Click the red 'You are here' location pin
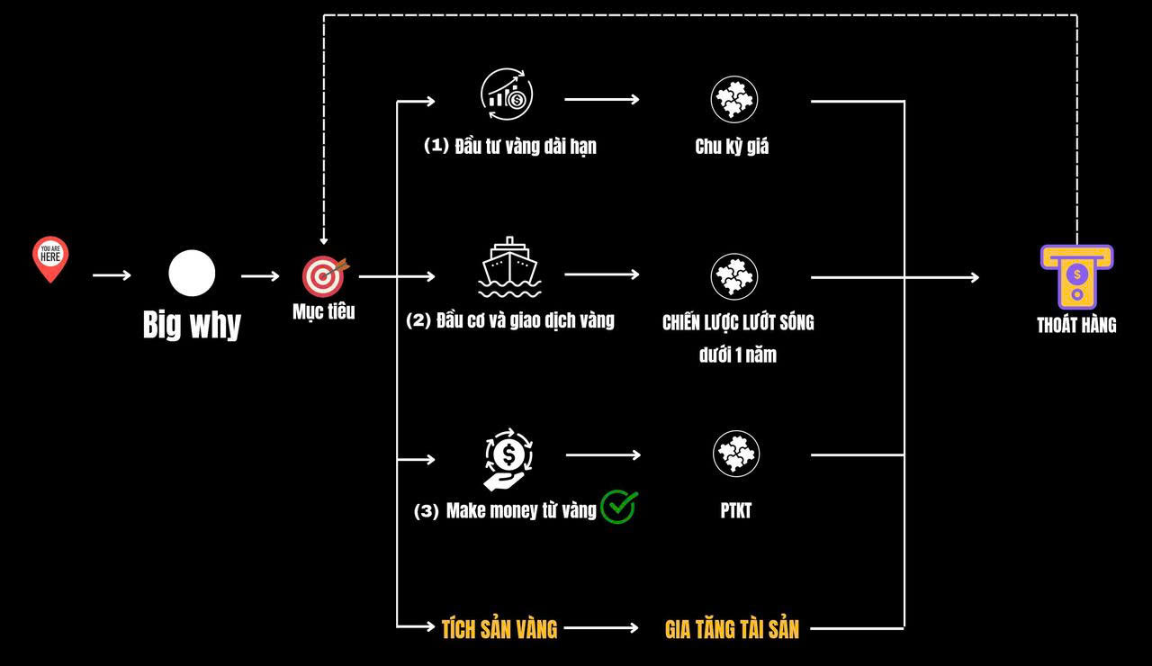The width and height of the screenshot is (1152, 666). coord(50,258)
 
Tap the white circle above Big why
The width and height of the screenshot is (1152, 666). coord(192,274)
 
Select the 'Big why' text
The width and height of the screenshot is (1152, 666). coord(192,325)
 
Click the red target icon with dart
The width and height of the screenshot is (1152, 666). coord(322,276)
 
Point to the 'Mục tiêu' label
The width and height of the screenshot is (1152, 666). coord(323,312)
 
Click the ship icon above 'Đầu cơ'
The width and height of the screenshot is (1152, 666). coord(510,267)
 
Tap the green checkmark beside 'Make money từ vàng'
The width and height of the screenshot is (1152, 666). coord(619,507)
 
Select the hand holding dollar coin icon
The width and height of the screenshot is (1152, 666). coord(508,459)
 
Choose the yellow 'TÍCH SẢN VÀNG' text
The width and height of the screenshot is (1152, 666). coord(499,629)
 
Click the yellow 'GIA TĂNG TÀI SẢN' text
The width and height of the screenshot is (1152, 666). coord(732,629)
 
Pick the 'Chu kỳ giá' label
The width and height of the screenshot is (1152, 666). coord(732,147)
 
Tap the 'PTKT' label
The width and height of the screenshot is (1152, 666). coord(735,511)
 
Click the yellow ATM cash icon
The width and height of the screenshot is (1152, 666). coord(1076,276)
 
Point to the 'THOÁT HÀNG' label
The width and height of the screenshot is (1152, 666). coord(1076,326)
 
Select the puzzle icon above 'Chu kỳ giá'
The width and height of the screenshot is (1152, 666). coord(734,99)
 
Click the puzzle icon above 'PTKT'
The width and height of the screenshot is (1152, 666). coord(736,454)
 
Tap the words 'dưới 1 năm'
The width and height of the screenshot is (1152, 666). coord(737,355)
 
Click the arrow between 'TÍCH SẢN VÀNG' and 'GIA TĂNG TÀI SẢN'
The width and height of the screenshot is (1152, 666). coord(601,628)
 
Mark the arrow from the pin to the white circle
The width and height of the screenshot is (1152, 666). coord(112,275)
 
